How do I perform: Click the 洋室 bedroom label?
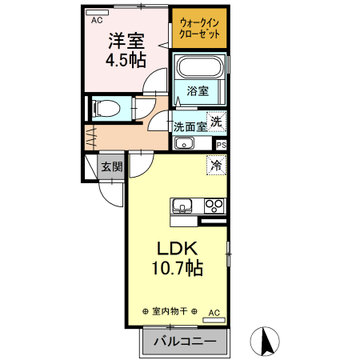126,40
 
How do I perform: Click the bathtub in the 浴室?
199,67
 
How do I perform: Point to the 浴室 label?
198,90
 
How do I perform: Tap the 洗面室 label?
190,126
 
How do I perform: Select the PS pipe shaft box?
221,144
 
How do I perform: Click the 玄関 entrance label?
111,167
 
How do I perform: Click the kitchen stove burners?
214,205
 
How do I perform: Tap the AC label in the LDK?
213,312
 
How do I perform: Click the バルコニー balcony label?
184,342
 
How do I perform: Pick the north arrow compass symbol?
266,342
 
